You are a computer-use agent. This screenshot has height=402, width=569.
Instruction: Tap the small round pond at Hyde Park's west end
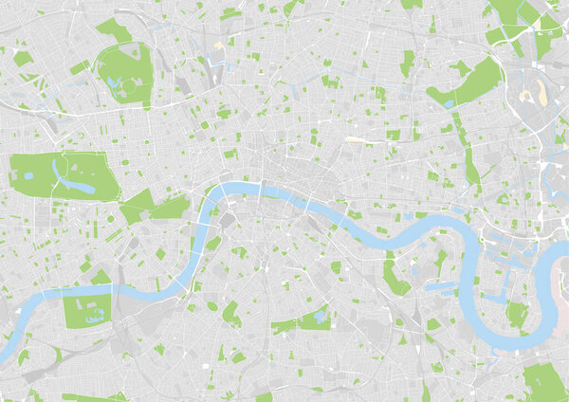point(28,175)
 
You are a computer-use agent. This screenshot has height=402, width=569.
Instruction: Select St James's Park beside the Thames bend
point(171,207)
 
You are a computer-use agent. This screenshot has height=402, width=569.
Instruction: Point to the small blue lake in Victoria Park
point(446,96)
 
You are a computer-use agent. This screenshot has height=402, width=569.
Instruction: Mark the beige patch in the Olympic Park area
point(541,92)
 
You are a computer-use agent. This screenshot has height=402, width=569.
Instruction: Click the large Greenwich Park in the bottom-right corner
point(544,380)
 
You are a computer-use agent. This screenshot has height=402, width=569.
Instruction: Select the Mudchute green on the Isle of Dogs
point(515,313)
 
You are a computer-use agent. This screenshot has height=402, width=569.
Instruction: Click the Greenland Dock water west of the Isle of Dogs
point(438,285)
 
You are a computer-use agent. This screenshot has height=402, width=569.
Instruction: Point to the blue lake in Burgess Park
point(320,315)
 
